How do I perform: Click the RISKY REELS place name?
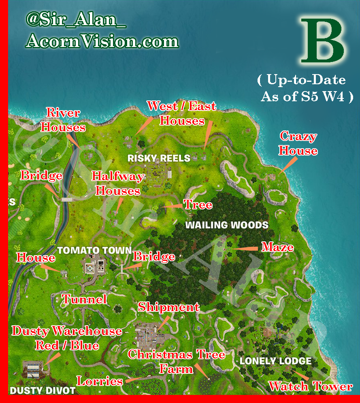point(159,158)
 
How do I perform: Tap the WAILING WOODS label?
point(227,225)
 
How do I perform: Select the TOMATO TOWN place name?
point(94,250)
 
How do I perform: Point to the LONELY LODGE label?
point(275,361)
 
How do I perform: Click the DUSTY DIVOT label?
point(43,390)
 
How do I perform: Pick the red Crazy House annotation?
point(298,144)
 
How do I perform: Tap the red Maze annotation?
point(277,247)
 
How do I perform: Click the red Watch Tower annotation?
point(310,386)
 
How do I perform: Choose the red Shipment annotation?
point(168,307)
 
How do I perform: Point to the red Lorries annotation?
point(100,381)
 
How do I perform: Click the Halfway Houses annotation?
point(117,183)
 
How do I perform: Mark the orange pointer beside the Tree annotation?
point(172,206)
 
